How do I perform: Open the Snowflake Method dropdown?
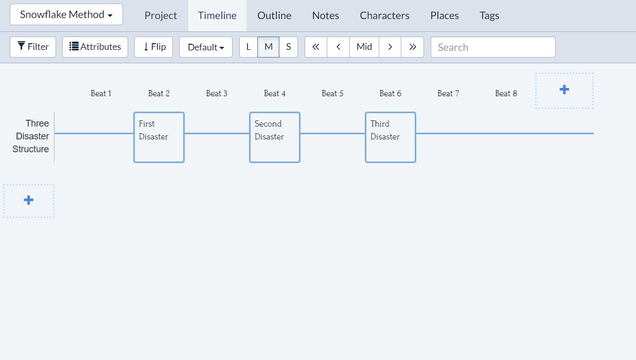point(66,14)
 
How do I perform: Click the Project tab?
point(161,15)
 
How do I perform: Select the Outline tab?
point(274,15)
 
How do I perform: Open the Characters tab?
point(384,15)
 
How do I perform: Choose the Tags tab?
point(489,15)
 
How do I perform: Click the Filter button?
point(33,47)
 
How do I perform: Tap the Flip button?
point(153,47)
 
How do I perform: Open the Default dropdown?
point(206,47)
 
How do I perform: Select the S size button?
point(288,47)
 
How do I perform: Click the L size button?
point(249,47)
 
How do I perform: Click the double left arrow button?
point(316,47)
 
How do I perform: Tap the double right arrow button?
point(412,47)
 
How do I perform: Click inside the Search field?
point(493,47)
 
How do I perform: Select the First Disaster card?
point(159,137)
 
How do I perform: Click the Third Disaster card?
point(391,137)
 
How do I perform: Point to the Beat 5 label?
point(332,93)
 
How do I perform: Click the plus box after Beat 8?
point(564,90)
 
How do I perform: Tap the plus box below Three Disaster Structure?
point(29,201)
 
